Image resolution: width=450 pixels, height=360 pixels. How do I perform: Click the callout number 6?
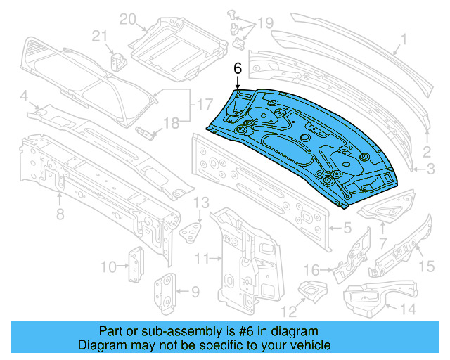pos(237,69)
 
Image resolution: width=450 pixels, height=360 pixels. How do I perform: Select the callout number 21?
pos(100,37)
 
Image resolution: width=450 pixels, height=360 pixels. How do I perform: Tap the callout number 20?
pos(127,19)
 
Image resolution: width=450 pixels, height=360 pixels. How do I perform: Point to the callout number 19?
pos(264,24)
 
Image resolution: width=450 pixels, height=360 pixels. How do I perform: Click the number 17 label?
pos(205,105)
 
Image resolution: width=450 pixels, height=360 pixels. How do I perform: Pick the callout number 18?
pos(172,123)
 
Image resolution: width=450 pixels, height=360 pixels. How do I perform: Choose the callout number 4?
pos(23,95)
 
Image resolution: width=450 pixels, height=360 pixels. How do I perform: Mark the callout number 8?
pos(60,213)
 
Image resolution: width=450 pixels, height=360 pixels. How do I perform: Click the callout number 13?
pos(201,203)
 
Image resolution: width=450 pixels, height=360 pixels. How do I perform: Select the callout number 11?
pos(202,260)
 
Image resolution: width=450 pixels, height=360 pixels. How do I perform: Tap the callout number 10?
pos(108,266)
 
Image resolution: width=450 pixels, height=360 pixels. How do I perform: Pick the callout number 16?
pos(311,269)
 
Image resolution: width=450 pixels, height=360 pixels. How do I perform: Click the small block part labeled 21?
pos(117,60)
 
